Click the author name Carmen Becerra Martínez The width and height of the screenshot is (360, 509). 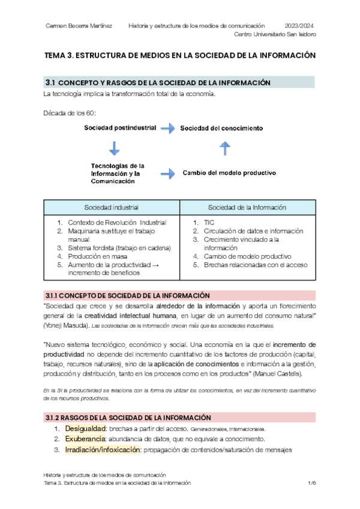pyautogui.click(x=81, y=25)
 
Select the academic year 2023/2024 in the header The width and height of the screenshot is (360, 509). pyautogui.click(x=298, y=25)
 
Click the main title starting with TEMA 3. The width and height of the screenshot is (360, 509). pyautogui.click(x=180, y=55)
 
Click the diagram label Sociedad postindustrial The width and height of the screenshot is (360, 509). pyautogui.click(x=120, y=127)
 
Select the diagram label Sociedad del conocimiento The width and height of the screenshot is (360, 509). pyautogui.click(x=221, y=128)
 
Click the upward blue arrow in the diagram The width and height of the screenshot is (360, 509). pyautogui.click(x=224, y=148)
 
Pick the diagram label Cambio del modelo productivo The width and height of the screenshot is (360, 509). pyautogui.click(x=229, y=173)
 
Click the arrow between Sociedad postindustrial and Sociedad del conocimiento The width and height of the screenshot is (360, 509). pyautogui.click(x=169, y=128)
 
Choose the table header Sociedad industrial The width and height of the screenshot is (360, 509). pyautogui.click(x=112, y=207)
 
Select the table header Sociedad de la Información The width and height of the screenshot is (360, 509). pyautogui.click(x=247, y=207)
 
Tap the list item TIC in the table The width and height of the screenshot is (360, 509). pyautogui.click(x=209, y=223)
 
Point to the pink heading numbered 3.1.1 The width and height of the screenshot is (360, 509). pyautogui.click(x=127, y=295)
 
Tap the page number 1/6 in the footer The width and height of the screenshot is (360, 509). pyautogui.click(x=311, y=483)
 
